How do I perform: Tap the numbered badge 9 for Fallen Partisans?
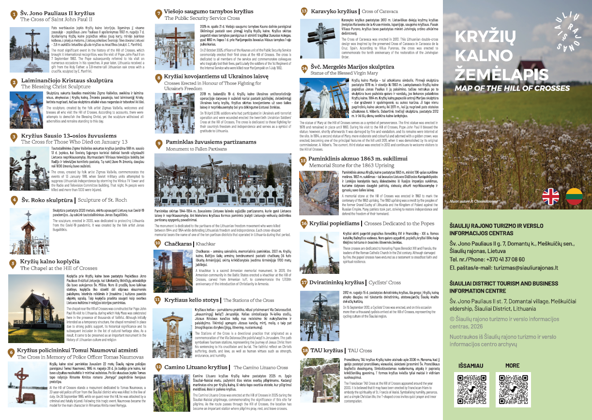pyautogui.click(x=159, y=143)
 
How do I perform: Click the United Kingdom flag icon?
pyautogui.click(x=550, y=196)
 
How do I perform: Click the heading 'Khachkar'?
pyautogui.click(x=206, y=244)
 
